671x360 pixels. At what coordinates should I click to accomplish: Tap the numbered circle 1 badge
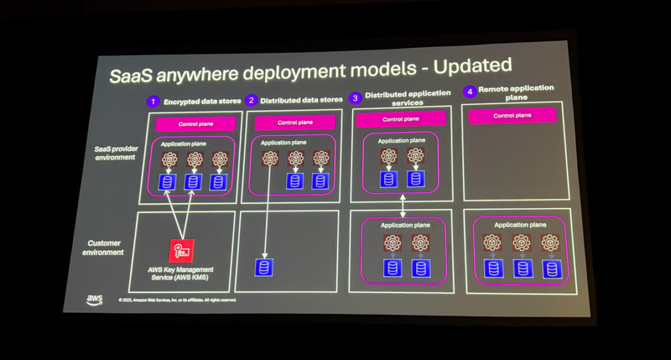[153, 102]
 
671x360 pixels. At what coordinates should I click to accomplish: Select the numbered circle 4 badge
[469, 92]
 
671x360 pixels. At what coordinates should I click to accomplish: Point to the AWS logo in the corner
[94, 299]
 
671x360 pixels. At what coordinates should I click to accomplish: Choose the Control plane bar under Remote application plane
[513, 115]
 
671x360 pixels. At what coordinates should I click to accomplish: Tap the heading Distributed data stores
[301, 100]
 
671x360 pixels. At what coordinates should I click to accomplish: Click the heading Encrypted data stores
[202, 102]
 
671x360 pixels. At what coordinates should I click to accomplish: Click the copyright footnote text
[177, 300]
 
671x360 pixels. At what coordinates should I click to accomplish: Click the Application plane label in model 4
[520, 225]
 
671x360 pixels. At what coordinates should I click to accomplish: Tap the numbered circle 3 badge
[355, 98]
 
